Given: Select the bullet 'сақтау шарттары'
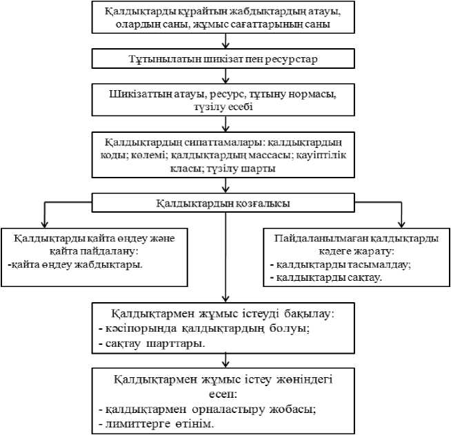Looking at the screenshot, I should (x=158, y=341).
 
